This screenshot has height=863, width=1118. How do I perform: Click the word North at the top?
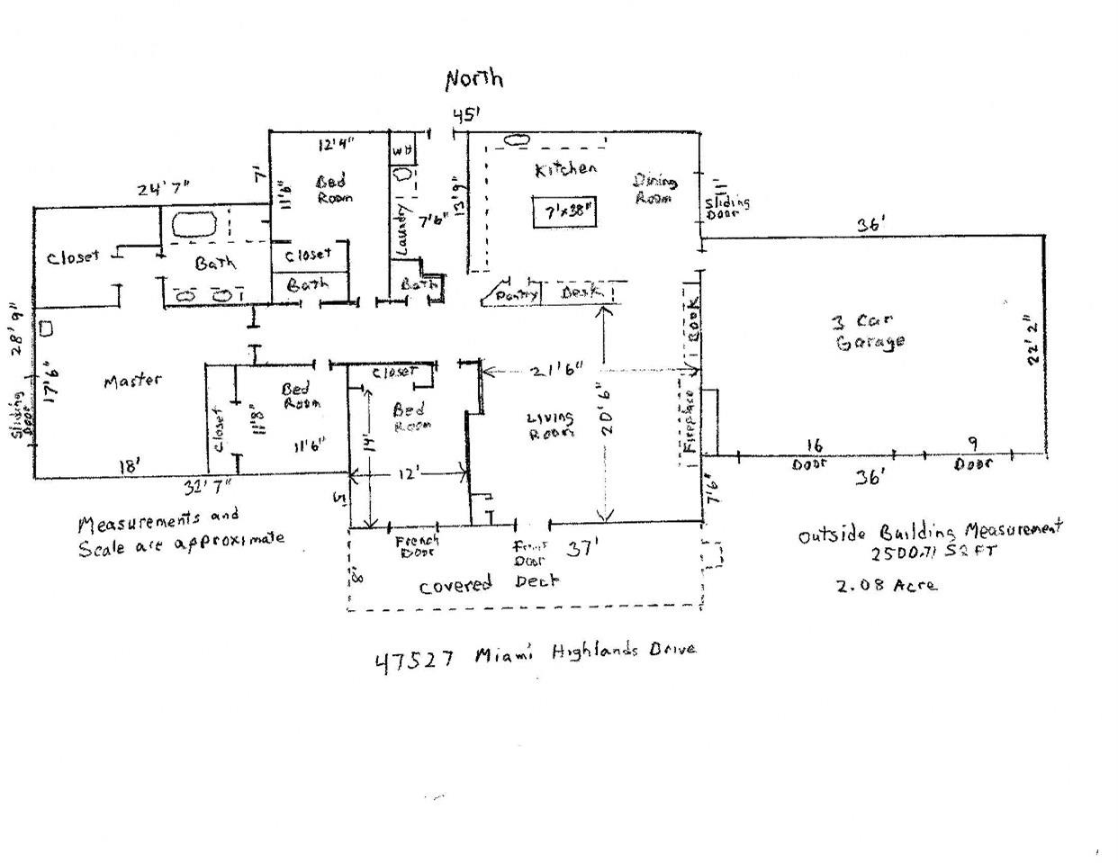(x=474, y=79)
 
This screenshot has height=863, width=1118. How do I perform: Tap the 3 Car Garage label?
(x=869, y=331)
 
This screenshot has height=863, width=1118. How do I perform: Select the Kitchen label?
(x=564, y=169)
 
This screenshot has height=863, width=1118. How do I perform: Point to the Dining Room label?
(x=655, y=188)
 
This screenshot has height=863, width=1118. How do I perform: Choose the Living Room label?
(x=550, y=425)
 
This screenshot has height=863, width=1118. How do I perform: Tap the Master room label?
(x=132, y=381)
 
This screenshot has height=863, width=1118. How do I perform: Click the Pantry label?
(x=516, y=293)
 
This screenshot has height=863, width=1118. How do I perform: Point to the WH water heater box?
(x=401, y=149)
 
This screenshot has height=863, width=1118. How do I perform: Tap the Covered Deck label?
(x=489, y=583)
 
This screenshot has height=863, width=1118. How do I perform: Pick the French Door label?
(x=418, y=545)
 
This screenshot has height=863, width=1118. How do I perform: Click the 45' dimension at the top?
(x=464, y=115)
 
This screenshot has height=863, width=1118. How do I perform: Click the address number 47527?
(x=414, y=661)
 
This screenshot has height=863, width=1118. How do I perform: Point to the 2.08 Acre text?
(x=886, y=585)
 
